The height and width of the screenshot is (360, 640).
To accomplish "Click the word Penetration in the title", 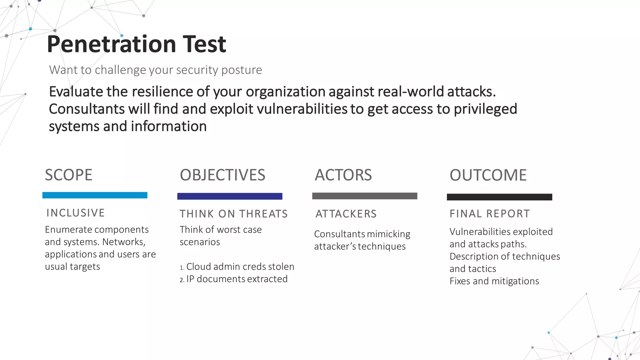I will [112, 44].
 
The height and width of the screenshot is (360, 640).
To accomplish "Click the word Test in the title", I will [204, 44].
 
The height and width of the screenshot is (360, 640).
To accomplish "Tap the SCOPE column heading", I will [68, 175].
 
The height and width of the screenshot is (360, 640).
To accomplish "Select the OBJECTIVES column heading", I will [222, 175].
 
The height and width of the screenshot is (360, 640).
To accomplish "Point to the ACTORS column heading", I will [343, 175].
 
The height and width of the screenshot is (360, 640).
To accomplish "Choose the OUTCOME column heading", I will [488, 175].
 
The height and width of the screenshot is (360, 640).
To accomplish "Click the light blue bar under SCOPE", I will [95, 195].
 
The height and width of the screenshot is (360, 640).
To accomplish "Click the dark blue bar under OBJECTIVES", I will [230, 196].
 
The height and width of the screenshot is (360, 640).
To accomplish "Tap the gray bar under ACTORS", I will [365, 196].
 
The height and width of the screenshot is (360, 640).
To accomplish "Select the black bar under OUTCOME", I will [499, 197].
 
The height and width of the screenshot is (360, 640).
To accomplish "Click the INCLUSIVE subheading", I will [75, 213].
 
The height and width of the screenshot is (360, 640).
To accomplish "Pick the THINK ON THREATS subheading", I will [233, 214].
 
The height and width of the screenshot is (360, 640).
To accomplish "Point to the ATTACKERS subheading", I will [346, 214].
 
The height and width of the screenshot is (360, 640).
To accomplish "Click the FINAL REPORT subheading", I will [490, 214].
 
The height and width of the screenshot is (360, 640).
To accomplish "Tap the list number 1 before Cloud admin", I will [182, 267].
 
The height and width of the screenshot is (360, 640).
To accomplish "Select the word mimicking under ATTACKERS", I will [388, 234].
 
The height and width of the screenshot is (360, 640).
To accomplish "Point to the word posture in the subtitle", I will [241, 70].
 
